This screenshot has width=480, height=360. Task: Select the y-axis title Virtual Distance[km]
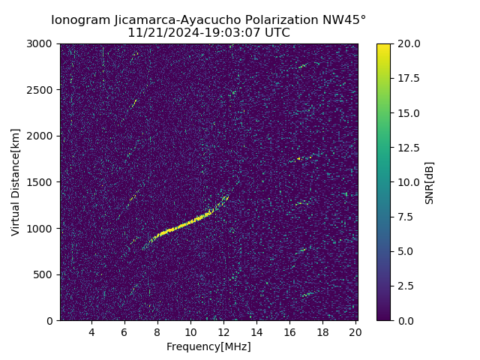16,182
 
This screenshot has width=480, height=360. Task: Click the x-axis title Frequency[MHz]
208,346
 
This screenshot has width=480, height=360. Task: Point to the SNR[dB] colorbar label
430,182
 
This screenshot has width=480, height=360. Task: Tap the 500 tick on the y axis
45,274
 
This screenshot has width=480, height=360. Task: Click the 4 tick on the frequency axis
91,332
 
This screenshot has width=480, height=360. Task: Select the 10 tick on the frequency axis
190,332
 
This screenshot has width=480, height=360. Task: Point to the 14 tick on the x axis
256,332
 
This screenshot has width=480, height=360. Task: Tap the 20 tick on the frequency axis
355,332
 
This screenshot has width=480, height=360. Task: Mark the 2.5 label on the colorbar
405,286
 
